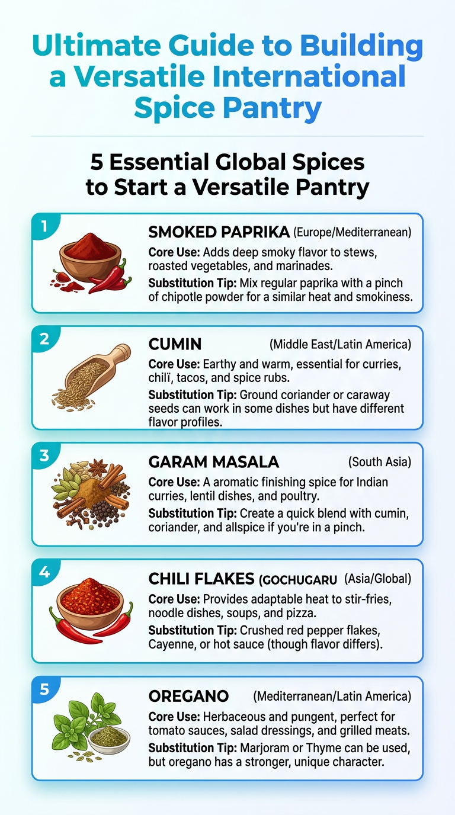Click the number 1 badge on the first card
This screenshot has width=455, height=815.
44,226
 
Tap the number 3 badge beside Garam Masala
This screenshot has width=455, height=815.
44,455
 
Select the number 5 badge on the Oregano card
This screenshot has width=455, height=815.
44,689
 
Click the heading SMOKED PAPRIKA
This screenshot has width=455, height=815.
219,232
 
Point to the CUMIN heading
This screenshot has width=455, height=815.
175,344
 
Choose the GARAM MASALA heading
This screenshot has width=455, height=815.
214,462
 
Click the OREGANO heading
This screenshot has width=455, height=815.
188,696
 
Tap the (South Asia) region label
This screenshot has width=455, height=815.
380,462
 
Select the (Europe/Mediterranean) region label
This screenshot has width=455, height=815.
352,232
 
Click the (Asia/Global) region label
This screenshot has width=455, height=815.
378,579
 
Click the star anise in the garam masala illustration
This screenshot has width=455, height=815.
98,465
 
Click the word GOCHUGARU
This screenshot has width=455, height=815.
298,580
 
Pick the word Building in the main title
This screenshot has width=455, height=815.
361,46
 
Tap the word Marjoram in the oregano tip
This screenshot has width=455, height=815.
264,747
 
